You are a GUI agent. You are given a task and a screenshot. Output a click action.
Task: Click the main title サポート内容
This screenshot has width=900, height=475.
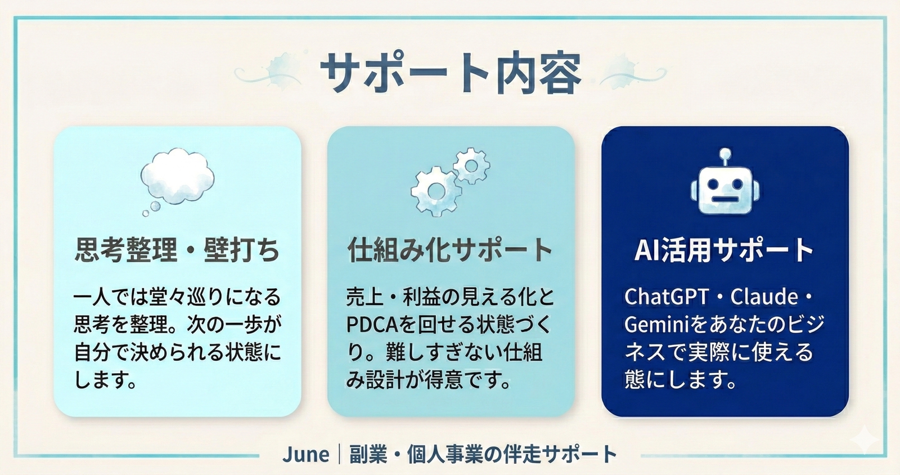(x=450, y=73)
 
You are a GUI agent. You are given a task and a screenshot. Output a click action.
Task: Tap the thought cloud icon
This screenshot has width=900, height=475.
(x=177, y=177)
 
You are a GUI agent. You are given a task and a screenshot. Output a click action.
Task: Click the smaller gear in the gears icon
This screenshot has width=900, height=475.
(x=471, y=165)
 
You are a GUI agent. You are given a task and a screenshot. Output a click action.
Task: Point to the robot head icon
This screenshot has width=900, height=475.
(x=725, y=190)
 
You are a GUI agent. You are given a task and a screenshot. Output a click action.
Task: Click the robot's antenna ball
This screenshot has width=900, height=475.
(x=725, y=153)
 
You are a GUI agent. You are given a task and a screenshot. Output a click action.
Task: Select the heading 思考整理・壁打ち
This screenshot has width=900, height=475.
(x=177, y=250)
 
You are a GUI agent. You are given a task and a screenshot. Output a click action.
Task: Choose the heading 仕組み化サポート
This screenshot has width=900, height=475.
(x=450, y=250)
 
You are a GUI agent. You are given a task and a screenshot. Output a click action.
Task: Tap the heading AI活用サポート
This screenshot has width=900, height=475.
(x=724, y=250)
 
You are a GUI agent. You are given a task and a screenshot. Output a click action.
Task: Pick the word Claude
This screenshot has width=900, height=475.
(x=764, y=297)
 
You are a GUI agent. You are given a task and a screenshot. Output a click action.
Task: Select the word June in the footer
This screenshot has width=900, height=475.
(x=305, y=454)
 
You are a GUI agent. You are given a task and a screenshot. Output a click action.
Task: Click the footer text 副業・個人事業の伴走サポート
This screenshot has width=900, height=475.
(x=483, y=454)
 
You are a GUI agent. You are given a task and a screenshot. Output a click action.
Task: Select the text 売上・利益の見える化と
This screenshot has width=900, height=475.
(x=450, y=297)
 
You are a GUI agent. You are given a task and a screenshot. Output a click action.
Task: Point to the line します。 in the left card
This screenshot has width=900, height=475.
(x=106, y=380)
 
